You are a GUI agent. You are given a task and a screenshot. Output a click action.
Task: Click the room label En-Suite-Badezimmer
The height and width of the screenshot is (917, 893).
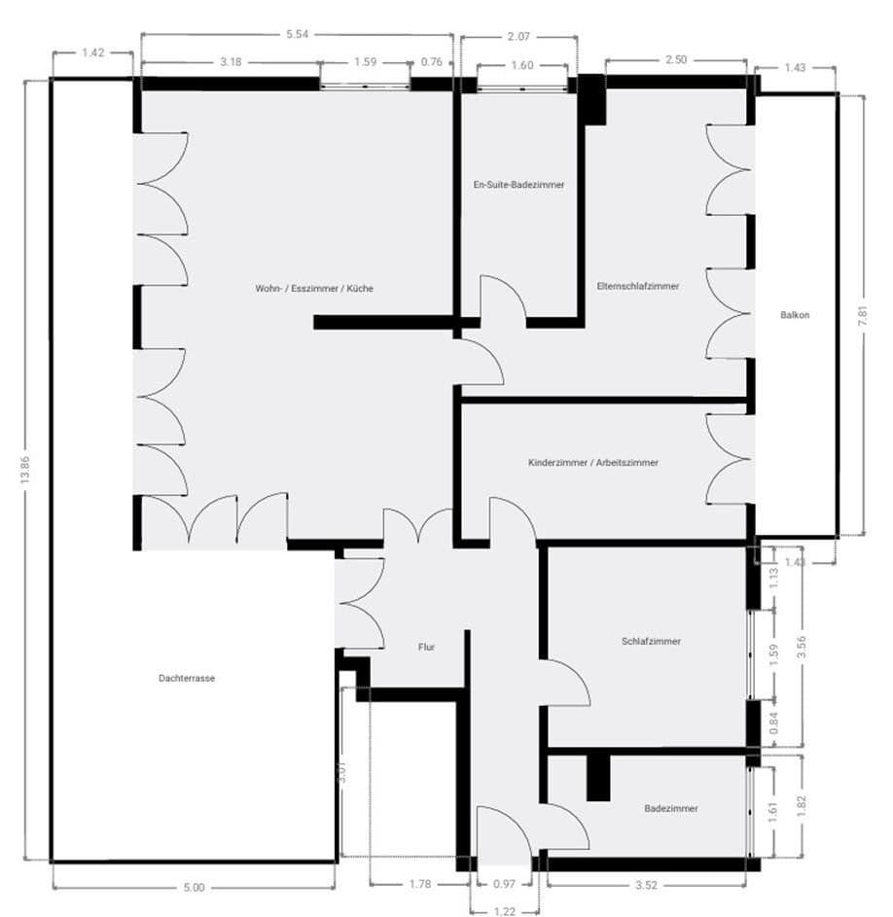point(518,184)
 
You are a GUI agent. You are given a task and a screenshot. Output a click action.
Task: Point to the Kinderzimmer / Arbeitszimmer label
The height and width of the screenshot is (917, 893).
point(592,463)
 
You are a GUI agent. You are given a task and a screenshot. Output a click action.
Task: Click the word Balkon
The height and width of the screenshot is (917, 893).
point(795,314)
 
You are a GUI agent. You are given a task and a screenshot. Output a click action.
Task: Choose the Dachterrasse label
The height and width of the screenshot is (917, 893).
point(186,679)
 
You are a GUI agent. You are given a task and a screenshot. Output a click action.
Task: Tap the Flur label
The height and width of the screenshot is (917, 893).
point(426,646)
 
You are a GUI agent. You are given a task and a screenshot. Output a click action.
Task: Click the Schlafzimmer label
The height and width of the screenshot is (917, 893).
point(651,642)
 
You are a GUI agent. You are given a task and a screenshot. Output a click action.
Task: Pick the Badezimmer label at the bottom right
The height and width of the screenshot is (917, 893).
point(671,808)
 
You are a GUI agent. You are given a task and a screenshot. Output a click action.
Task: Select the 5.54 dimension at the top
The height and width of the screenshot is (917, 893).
point(297,34)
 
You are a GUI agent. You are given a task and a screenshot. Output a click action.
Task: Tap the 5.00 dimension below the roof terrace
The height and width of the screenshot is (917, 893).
point(195,887)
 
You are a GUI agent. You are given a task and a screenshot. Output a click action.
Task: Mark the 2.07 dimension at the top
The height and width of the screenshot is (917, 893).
point(518,37)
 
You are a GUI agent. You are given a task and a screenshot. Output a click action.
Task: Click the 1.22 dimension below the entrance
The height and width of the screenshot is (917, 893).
point(504,911)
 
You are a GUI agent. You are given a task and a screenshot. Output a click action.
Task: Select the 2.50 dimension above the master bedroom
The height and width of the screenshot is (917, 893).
point(675,60)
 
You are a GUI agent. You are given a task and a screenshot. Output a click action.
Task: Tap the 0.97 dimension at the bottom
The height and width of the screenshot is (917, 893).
point(503,886)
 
